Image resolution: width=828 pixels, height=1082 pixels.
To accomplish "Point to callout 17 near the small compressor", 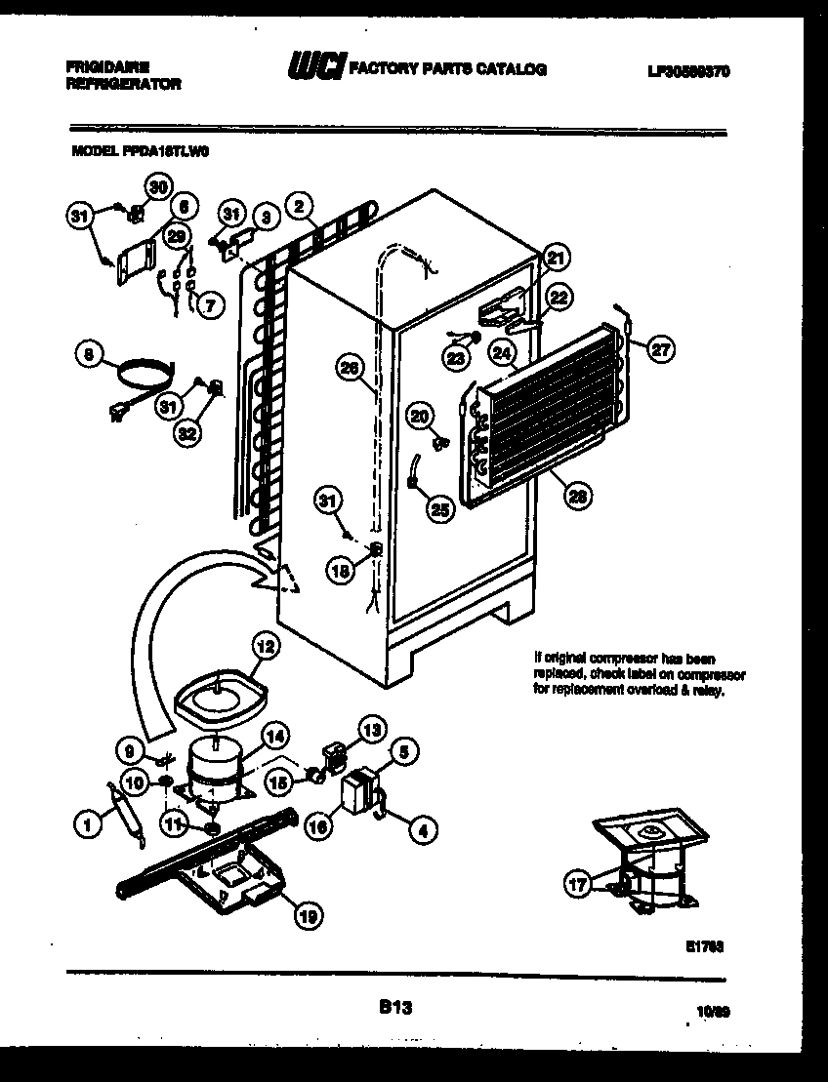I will point(578,884).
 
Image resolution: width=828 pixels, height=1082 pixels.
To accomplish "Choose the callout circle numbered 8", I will point(89,357).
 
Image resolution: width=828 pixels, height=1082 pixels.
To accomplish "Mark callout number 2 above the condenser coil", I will point(301,205).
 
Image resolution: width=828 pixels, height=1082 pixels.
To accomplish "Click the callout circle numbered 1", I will point(88,825).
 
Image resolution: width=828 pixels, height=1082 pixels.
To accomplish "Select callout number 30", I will point(157,186).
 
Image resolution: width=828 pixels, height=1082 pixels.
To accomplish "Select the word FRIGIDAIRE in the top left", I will point(106,67).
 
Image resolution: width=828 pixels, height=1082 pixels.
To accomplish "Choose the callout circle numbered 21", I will point(555,259).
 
